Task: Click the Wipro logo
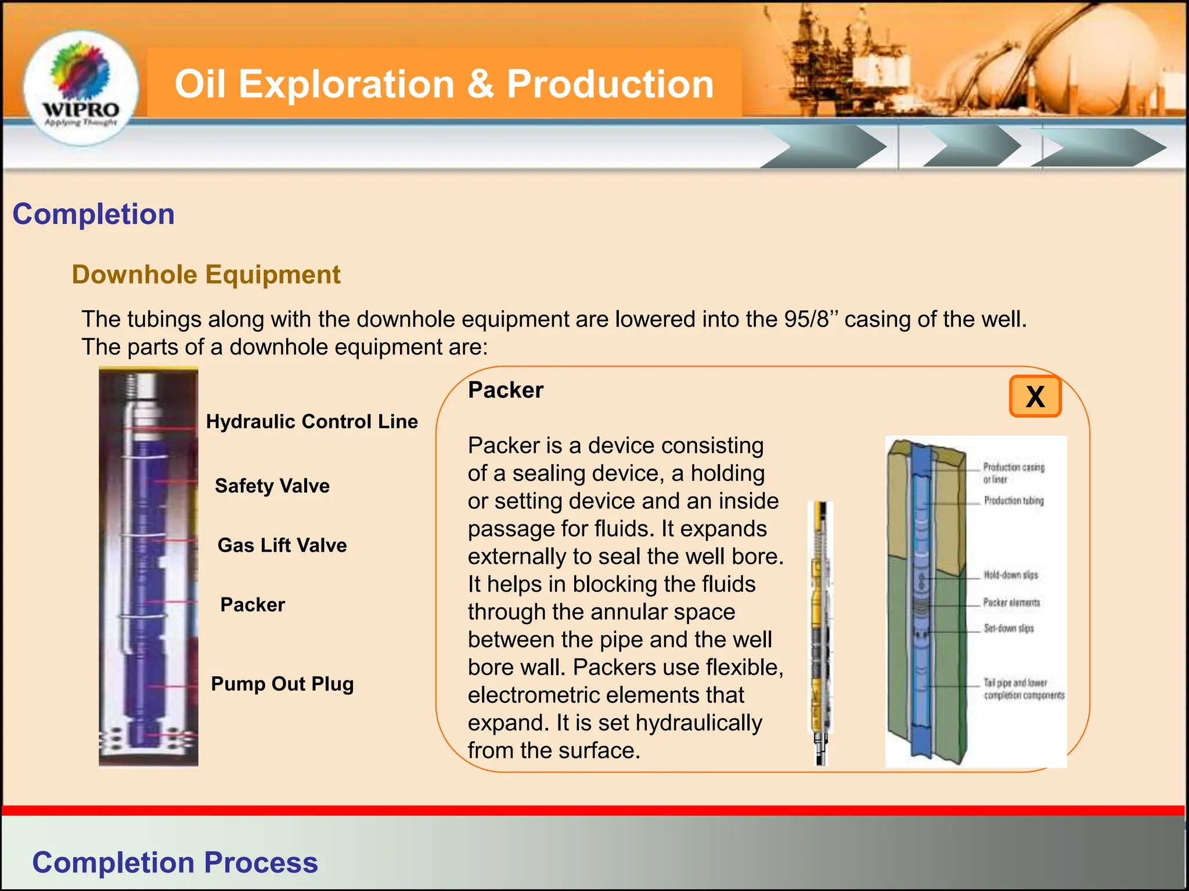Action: pos(81,87)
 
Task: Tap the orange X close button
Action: pos(1035,397)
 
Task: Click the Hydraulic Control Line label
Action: pos(312,422)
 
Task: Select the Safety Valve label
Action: pos(272,486)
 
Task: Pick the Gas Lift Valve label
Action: pos(282,546)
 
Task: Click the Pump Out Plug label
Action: pos(282,684)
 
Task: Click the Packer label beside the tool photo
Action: pos(253,605)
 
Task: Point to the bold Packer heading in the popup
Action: pos(506,390)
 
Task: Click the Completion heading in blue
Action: pos(93,214)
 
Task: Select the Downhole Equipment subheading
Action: pos(206,274)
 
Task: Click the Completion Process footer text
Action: pos(175,863)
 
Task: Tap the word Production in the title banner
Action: pos(610,84)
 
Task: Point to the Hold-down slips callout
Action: pos(1010,575)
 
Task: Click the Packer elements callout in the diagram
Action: pos(1011,603)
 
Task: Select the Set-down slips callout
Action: pos(1008,628)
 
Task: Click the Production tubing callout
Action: pos(1013,501)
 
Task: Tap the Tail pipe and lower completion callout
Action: pos(1024,689)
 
